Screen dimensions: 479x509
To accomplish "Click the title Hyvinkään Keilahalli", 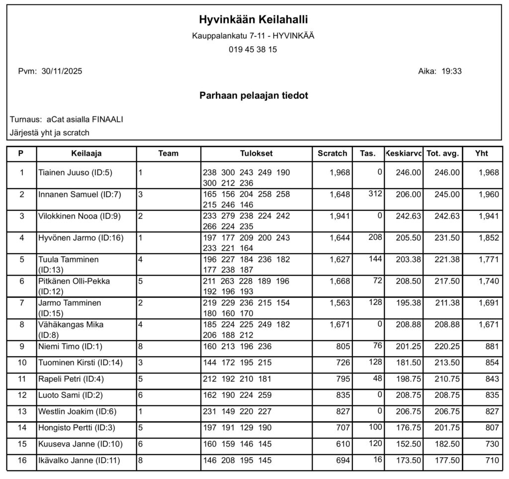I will [254, 20].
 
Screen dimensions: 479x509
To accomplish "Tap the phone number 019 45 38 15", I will [253, 50].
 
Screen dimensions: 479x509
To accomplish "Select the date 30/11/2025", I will [62, 71].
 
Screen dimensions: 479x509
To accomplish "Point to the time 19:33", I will [451, 71].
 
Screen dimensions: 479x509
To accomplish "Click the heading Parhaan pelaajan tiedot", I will [254, 96].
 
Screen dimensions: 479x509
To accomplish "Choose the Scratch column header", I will [332, 153].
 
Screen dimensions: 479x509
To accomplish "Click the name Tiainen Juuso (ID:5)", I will [76, 173].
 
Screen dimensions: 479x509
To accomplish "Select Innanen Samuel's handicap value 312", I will [375, 193].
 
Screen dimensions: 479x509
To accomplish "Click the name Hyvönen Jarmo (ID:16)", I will [81, 238].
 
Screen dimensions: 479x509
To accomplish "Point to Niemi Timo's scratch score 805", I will [342, 347].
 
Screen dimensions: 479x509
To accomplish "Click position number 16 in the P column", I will [21, 461].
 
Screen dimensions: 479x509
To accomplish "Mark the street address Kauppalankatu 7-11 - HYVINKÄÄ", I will [253, 36].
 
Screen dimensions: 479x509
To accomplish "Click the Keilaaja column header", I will [86, 153].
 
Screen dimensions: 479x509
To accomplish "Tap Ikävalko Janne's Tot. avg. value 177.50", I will [447, 461].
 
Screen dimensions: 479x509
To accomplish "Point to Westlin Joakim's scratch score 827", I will [342, 412].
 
